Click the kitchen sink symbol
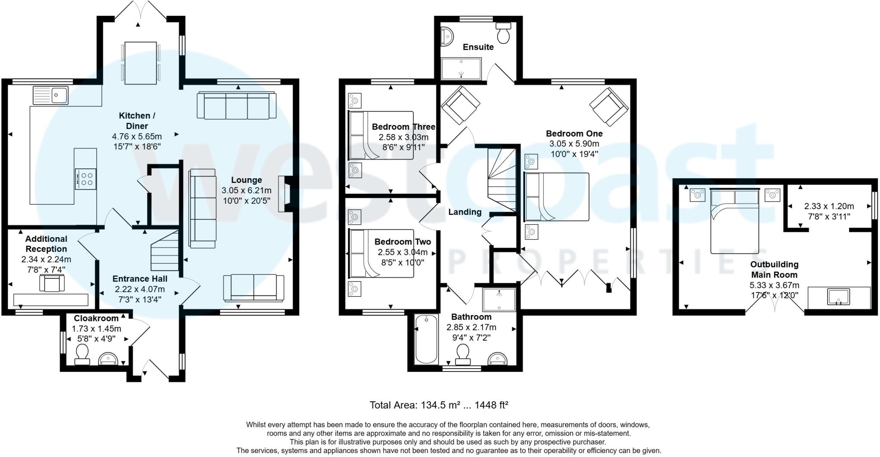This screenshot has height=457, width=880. point(50,95)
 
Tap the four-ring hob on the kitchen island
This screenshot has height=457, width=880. point(85,179)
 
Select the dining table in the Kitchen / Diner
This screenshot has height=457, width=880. point(140,63)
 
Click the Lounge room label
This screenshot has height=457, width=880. point(246,180)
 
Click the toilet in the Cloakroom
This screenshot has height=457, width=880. point(82,355)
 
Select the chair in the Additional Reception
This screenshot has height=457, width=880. point(52,283)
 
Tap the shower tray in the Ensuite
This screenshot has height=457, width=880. point(461,69)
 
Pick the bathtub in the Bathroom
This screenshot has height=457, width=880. point(426,339)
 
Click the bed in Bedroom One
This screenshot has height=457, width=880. point(557,197)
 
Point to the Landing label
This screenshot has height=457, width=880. point(464,212)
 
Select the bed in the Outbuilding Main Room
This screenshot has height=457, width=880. point(734,221)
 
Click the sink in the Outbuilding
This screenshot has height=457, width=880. point(838,297)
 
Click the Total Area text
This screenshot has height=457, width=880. point(439,405)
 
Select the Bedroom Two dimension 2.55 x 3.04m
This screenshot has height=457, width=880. point(403,252)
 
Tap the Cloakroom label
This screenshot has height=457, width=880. point(96,318)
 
